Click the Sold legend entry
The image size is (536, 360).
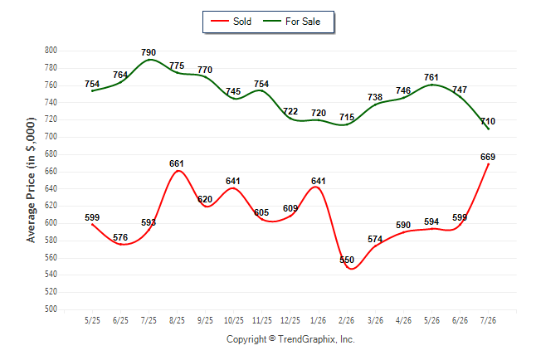(231, 22)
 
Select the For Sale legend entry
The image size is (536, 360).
(291, 22)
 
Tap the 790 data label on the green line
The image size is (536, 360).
(149, 52)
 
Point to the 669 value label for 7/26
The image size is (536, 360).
(488, 157)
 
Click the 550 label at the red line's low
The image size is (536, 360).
(347, 260)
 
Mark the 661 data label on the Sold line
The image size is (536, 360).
(177, 163)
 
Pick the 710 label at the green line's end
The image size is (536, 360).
(488, 121)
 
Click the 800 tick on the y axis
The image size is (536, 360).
(51, 51)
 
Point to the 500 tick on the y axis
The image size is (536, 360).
(51, 309)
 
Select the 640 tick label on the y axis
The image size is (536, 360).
(51, 188)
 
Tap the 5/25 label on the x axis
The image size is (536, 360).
(92, 320)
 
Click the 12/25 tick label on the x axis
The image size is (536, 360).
(290, 320)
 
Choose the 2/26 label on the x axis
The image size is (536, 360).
(347, 320)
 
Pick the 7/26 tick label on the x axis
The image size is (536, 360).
(488, 320)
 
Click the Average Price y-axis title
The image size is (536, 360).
(31, 180)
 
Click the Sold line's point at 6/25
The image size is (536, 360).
(120, 244)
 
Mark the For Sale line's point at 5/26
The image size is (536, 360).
(431, 85)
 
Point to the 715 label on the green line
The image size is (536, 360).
(347, 117)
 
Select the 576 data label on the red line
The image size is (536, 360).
(120, 237)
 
